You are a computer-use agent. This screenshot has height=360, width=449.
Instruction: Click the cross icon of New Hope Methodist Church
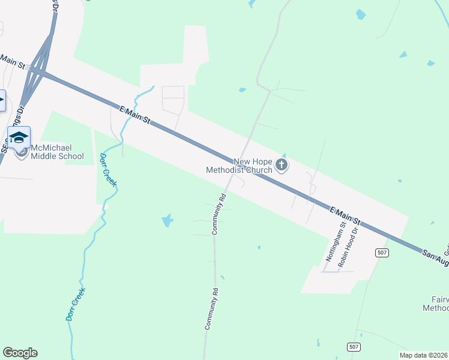[282, 164]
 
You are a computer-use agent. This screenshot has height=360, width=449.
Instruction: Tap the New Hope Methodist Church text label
[240, 166]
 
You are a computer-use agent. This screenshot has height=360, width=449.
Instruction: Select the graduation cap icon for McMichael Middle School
[19, 137]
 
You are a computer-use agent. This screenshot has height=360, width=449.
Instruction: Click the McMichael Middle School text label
[58, 152]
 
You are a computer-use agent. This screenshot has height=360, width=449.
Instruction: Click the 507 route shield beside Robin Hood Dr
[382, 252]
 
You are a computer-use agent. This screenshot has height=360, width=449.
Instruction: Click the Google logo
[20, 353]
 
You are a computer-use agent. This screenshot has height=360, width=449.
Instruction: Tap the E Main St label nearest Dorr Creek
[134, 116]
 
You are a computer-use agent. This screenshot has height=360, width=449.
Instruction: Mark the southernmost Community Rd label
[210, 308]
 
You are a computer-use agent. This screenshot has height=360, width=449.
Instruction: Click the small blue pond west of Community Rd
[167, 221]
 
